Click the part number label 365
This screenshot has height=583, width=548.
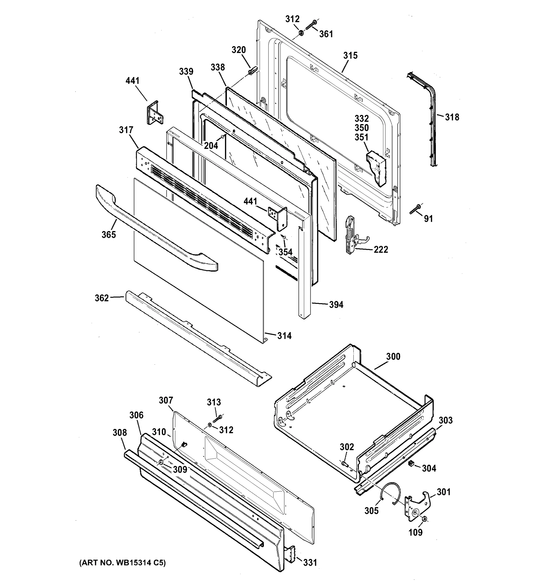click(x=109, y=235)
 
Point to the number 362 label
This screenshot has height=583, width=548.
click(x=102, y=298)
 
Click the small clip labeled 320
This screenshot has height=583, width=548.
click(x=252, y=71)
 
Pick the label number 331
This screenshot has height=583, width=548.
click(x=310, y=562)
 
